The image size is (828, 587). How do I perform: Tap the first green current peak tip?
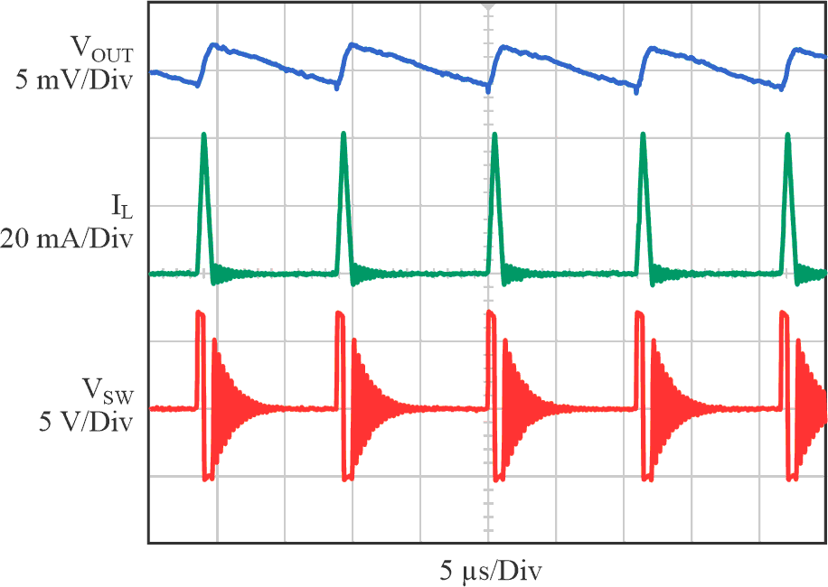click(203, 135)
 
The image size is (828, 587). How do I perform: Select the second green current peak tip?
click(343, 135)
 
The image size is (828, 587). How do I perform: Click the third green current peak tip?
click(494, 135)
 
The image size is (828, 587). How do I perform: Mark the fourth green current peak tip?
click(643, 135)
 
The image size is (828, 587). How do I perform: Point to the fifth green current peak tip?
click(788, 136)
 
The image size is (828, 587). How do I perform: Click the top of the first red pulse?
click(201, 314)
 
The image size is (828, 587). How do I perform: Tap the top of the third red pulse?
click(491, 314)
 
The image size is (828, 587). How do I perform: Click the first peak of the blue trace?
click(213, 44)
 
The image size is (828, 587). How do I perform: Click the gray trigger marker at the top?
click(488, 5)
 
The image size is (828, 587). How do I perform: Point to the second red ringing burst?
click(362, 406)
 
